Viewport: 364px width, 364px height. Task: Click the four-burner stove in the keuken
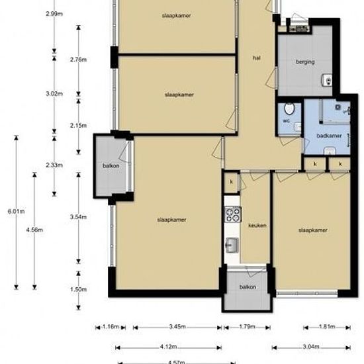point(232,214)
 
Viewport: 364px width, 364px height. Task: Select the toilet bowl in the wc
point(288,110)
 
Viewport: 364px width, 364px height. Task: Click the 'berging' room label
point(305,62)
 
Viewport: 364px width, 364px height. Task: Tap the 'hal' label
point(256,58)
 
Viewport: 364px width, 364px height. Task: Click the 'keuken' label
point(257,226)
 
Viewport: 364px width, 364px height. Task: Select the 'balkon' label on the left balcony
point(111,165)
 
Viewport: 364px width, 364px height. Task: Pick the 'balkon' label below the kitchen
point(248,287)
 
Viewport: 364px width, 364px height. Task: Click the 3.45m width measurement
point(177,327)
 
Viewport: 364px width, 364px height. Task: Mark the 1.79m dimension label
point(246,327)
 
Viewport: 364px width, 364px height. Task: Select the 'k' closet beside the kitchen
point(231,182)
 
